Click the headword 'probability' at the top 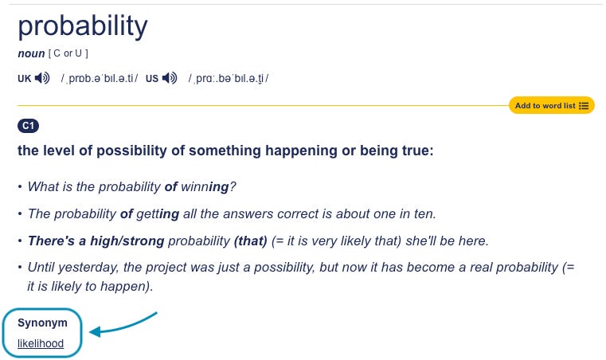pyautogui.click(x=83, y=27)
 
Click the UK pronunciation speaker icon pyautogui.click(x=43, y=78)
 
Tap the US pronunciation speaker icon pyautogui.click(x=170, y=78)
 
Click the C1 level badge pyautogui.click(x=28, y=126)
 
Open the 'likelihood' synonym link pyautogui.click(x=41, y=344)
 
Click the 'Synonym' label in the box pyautogui.click(x=43, y=323)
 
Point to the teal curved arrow pyautogui.click(x=123, y=324)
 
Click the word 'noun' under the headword pyautogui.click(x=31, y=53)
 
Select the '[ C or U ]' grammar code pyautogui.click(x=68, y=53)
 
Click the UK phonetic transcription pyautogui.click(x=100, y=78)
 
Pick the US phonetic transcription pyautogui.click(x=229, y=78)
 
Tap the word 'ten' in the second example pyautogui.click(x=425, y=213)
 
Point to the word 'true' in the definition pyautogui.click(x=412, y=150)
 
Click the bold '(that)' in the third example pyautogui.click(x=251, y=241)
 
